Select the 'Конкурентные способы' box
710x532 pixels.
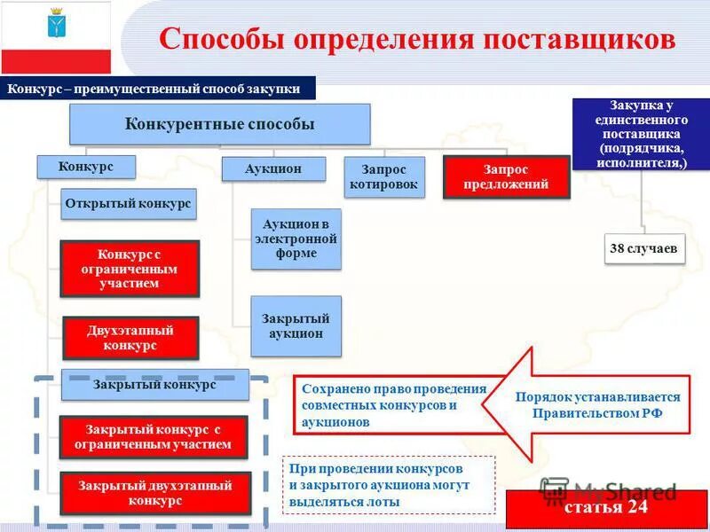point(220,124)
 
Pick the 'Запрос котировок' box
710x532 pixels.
point(383,176)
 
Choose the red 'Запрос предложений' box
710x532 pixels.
point(506,176)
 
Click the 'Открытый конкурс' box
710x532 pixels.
point(129,204)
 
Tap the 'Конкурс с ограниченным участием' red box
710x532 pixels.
point(130,268)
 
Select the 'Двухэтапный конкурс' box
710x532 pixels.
point(130,338)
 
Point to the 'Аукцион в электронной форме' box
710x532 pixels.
point(296,239)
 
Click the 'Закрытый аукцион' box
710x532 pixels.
point(296,325)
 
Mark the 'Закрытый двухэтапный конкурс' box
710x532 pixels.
point(155,493)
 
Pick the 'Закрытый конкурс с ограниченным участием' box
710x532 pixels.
point(154,436)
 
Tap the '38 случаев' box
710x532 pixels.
point(643,249)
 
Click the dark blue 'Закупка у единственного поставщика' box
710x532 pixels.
point(642,134)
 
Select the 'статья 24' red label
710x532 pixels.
point(607,508)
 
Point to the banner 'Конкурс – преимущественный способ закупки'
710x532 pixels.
point(161,89)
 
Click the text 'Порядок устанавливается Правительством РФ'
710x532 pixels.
point(597,405)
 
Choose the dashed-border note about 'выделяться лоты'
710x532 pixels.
point(389,484)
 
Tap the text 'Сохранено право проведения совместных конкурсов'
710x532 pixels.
point(393,405)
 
